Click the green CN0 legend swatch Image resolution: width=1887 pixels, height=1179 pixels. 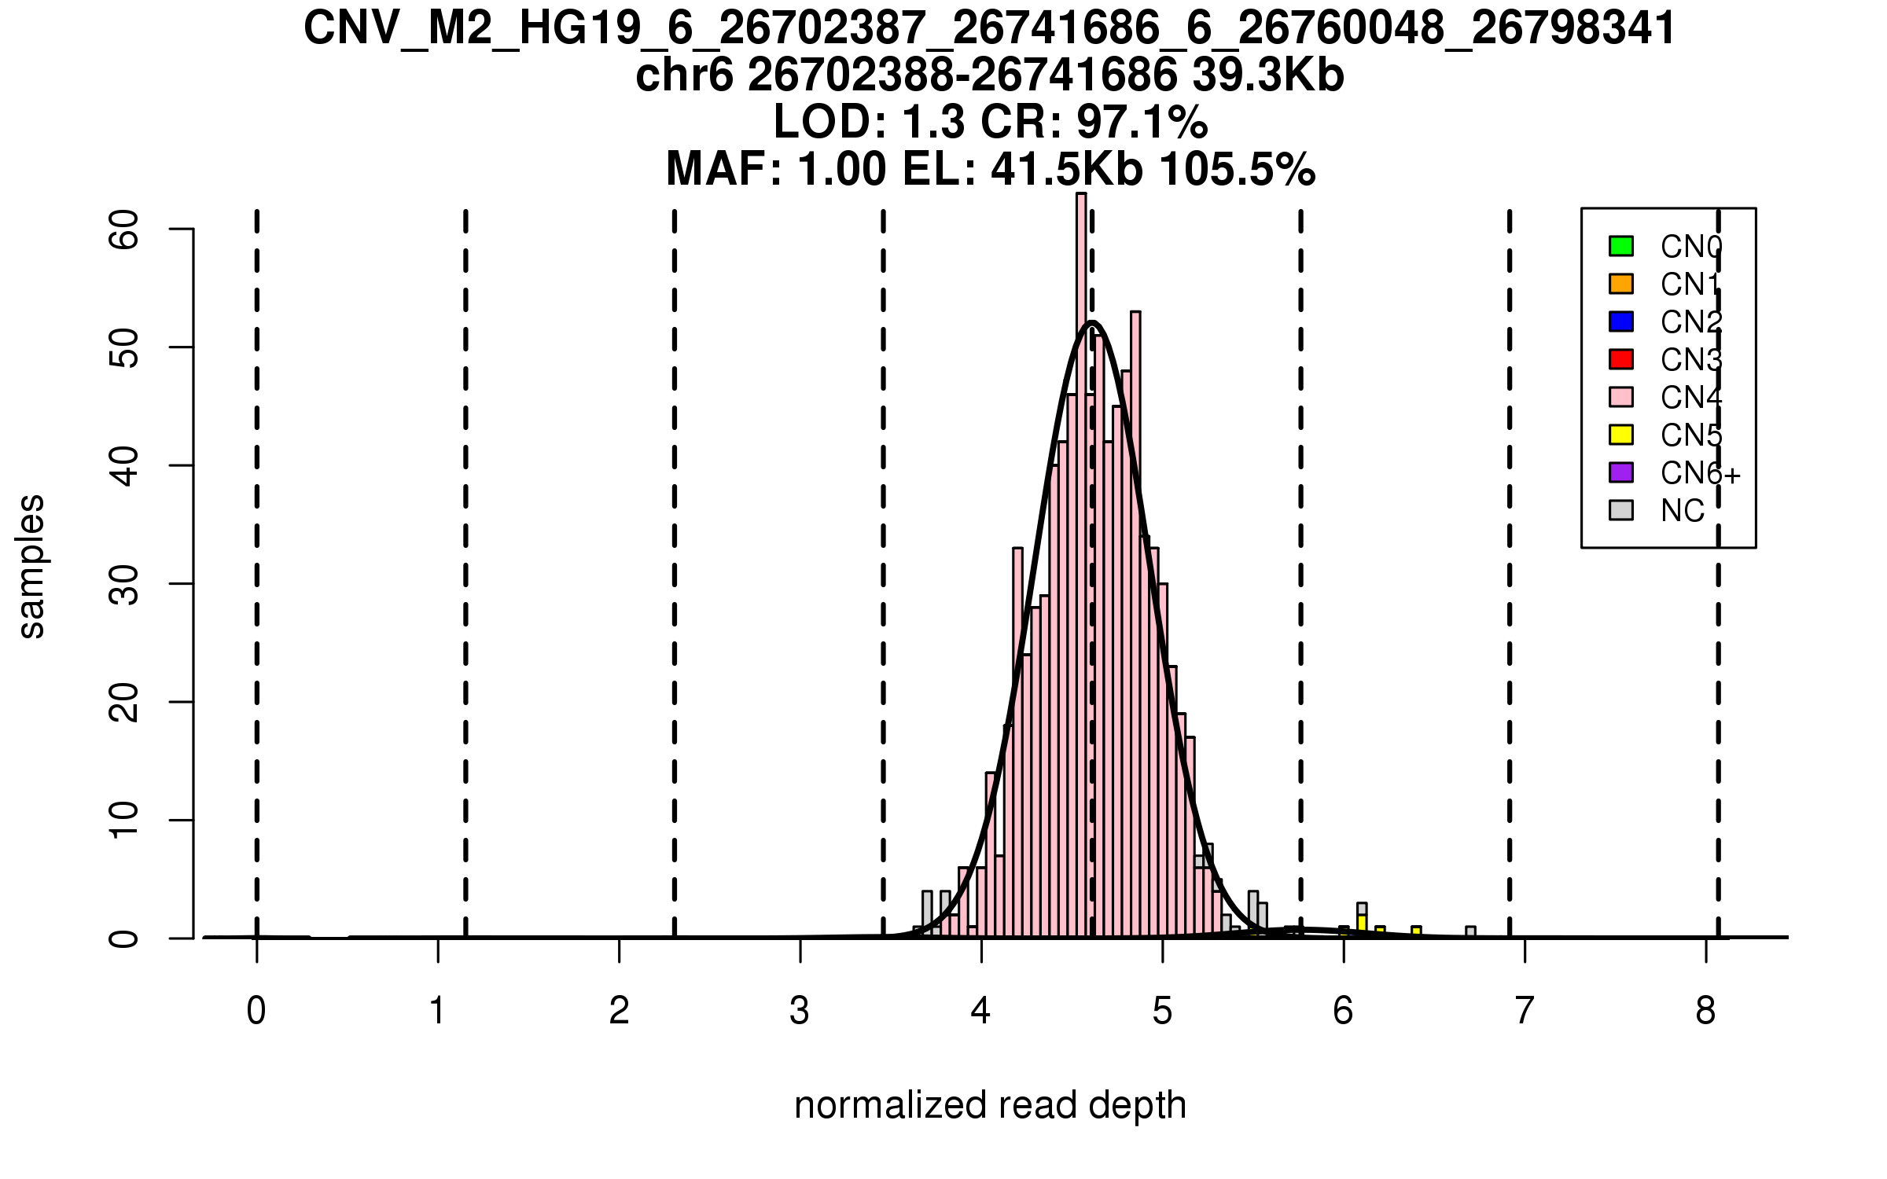point(1620,246)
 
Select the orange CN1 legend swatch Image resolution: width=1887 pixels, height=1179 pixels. point(1620,284)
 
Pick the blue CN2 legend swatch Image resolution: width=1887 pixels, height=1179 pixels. point(1620,321)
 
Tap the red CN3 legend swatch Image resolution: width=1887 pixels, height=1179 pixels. point(1620,359)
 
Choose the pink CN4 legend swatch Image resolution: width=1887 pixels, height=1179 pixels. point(1620,397)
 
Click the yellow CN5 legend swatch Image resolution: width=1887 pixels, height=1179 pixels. point(1620,435)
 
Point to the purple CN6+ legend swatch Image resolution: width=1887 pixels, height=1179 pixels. point(1620,472)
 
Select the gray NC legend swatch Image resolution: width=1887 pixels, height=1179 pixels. point(1620,510)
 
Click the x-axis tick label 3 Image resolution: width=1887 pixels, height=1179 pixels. point(800,1011)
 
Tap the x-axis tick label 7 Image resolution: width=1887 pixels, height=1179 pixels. point(1525,1011)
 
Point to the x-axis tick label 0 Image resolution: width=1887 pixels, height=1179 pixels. point(256,1011)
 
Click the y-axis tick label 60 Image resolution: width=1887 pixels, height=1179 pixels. point(124,230)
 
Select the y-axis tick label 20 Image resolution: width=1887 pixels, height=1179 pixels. point(124,702)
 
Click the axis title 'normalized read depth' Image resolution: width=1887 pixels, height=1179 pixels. point(990,1105)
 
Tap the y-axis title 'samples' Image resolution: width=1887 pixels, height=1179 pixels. point(31,567)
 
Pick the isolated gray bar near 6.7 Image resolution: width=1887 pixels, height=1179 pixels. point(1470,932)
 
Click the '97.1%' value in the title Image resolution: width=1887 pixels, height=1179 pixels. point(1142,123)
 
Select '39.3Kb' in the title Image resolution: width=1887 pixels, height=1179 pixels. point(1267,76)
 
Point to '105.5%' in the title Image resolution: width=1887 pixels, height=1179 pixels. point(1237,169)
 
